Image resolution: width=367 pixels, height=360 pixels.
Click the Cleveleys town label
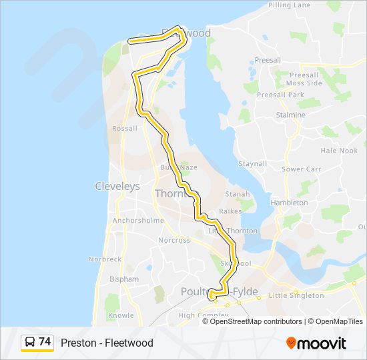(117, 187)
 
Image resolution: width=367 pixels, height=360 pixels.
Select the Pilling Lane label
(290, 5)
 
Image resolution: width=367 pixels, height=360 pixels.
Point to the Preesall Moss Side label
(304, 79)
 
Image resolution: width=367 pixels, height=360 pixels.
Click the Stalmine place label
(290, 115)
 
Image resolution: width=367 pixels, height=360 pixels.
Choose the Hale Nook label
(339, 151)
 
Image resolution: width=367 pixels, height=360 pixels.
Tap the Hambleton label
(289, 203)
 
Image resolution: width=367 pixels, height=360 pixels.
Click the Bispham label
(125, 279)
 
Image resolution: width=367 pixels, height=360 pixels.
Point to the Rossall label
(125, 129)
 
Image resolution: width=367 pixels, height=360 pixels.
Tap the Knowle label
(121, 315)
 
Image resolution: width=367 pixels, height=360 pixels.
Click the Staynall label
(253, 164)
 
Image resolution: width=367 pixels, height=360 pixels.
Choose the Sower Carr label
(302, 169)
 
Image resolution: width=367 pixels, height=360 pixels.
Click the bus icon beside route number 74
(30, 343)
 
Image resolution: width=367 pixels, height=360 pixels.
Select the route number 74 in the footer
(45, 342)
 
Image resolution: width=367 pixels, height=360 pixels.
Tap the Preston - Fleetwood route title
(107, 343)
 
